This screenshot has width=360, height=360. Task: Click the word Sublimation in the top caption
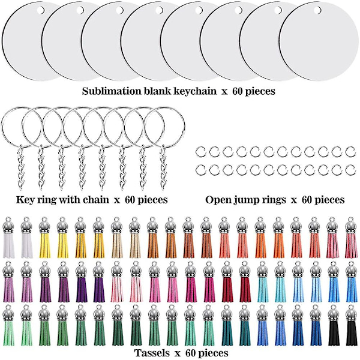tap(111, 92)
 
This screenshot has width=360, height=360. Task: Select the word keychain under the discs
tap(202, 92)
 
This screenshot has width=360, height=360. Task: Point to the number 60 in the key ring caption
tap(132, 199)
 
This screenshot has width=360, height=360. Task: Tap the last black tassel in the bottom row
tap(350, 326)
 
